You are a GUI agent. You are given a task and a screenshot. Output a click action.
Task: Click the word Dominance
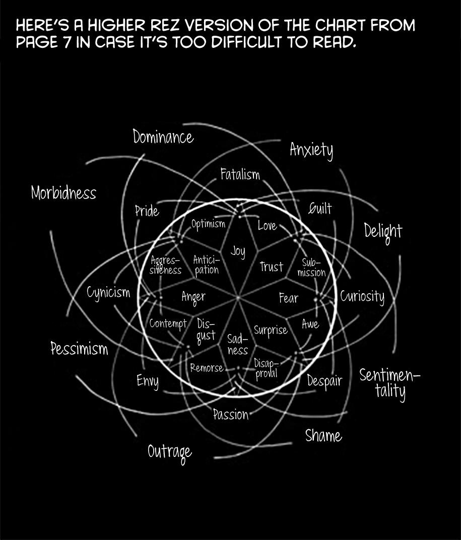click(x=163, y=137)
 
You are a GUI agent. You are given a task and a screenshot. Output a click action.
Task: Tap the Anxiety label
click(x=311, y=150)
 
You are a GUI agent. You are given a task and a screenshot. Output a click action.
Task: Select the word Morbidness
click(x=63, y=193)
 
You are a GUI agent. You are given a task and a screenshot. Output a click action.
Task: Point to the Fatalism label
click(x=240, y=174)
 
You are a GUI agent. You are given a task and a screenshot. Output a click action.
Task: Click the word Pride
click(x=147, y=211)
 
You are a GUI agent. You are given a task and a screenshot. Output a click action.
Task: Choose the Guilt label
click(x=320, y=209)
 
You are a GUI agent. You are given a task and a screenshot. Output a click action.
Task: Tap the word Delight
click(x=383, y=231)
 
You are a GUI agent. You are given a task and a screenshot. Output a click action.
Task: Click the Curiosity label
click(x=362, y=296)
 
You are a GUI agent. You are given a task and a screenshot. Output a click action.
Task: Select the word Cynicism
click(x=108, y=293)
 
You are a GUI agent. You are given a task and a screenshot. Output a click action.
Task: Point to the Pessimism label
click(x=79, y=348)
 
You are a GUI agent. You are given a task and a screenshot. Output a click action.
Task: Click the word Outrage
click(x=170, y=452)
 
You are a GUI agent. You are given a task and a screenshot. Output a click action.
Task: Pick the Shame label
click(x=323, y=436)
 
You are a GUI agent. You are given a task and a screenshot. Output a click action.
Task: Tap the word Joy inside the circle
click(x=238, y=250)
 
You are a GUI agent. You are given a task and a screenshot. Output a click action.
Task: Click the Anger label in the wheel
click(x=193, y=297)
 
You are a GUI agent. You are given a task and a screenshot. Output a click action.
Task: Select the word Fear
click(x=289, y=298)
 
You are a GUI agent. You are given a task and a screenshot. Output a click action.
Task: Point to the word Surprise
click(x=271, y=330)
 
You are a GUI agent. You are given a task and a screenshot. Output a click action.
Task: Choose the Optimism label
click(x=208, y=224)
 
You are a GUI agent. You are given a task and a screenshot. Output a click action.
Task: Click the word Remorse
click(x=207, y=368)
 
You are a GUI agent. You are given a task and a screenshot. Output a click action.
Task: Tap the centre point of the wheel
click(x=238, y=298)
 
